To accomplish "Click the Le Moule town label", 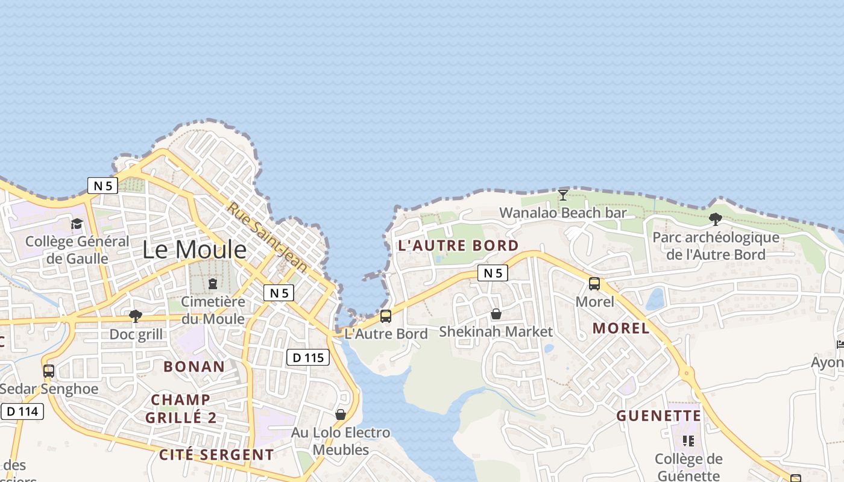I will coord(194,249).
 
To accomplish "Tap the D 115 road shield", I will coord(307,357).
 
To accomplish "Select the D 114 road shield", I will coord(23,412).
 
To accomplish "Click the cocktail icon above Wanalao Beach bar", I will coord(563,195).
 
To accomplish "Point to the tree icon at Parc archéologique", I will coord(716,219).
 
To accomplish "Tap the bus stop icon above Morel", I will coord(594,283).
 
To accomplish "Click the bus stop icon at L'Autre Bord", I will coord(386,316).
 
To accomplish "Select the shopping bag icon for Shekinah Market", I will coord(496,314).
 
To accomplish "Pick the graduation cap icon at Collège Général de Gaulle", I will coord(77,224).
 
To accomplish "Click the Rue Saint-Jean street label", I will coord(267,237).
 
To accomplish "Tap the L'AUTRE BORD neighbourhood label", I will coord(458,245).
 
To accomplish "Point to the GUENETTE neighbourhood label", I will coord(659,416).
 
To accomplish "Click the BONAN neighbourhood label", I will coord(194,366).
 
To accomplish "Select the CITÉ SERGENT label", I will coord(216,455).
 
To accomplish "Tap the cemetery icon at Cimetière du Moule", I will coord(212,284).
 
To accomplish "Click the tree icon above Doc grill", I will coord(136,316).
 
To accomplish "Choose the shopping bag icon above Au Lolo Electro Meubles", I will coord(341,415).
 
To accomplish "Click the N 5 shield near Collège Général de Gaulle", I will coord(102,186).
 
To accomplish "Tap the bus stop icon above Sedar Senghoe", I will coord(49,371).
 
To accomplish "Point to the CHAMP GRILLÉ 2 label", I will coord(181,408).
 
